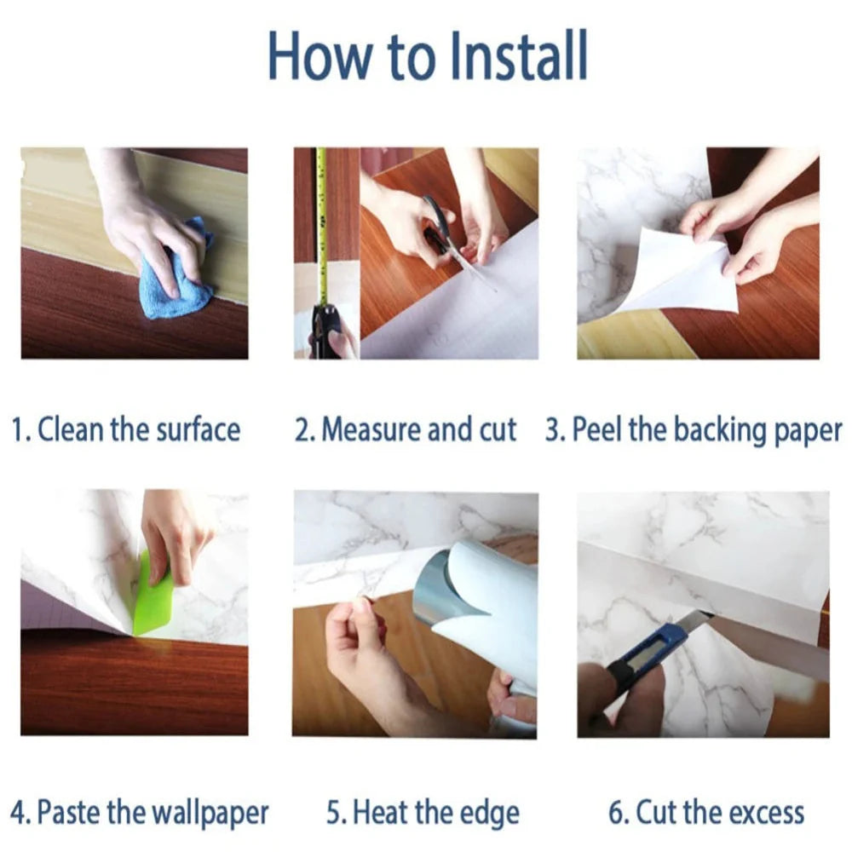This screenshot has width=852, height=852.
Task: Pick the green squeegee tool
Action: (x=153, y=595)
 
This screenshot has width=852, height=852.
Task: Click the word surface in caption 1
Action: (x=199, y=429)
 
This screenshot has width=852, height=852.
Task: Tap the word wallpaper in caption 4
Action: (x=210, y=813)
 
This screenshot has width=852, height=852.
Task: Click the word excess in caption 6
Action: (x=766, y=813)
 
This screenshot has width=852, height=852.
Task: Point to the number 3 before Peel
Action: (x=554, y=429)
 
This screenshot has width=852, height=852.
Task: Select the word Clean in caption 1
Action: (x=70, y=429)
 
